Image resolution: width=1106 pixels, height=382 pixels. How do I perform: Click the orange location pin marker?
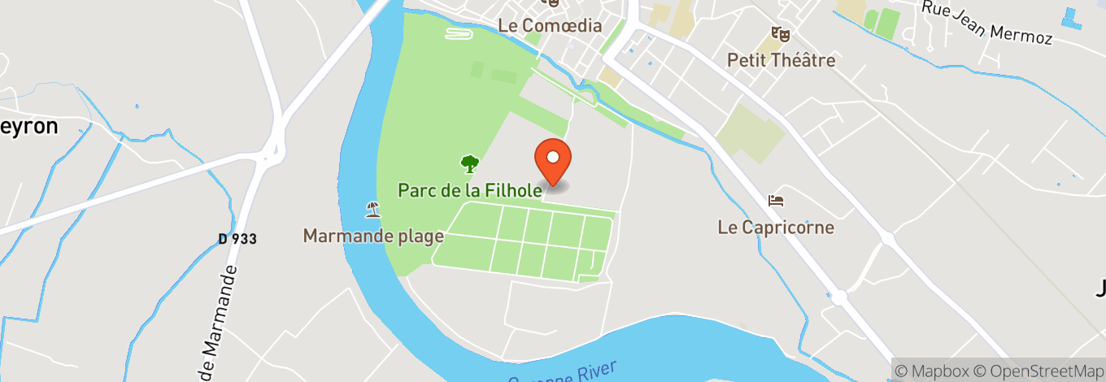pos(553,159)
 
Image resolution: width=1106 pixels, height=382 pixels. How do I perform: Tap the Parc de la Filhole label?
pos(469,190)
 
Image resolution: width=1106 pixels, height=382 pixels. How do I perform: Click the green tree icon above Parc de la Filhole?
pos(469,164)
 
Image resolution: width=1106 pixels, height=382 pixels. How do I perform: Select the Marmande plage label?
pos(373,236)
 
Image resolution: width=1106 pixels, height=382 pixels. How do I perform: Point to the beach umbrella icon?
pos(372,210)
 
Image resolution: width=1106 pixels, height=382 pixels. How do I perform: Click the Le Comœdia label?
pos(550,25)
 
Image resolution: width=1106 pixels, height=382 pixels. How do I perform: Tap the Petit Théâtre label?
pos(781,59)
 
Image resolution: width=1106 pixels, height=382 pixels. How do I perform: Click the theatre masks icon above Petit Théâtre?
pos(781,34)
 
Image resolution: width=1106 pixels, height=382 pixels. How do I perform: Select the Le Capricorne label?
pos(776,227)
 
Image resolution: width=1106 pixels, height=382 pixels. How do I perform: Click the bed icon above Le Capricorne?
pos(776,200)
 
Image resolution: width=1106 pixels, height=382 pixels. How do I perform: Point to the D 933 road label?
pos(237,239)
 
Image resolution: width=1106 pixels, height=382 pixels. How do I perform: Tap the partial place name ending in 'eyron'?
pos(29,126)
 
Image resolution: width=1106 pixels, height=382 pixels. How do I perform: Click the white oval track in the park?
pos(459,34)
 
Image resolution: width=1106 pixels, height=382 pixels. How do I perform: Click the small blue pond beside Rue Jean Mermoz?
pos(1073,17)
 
